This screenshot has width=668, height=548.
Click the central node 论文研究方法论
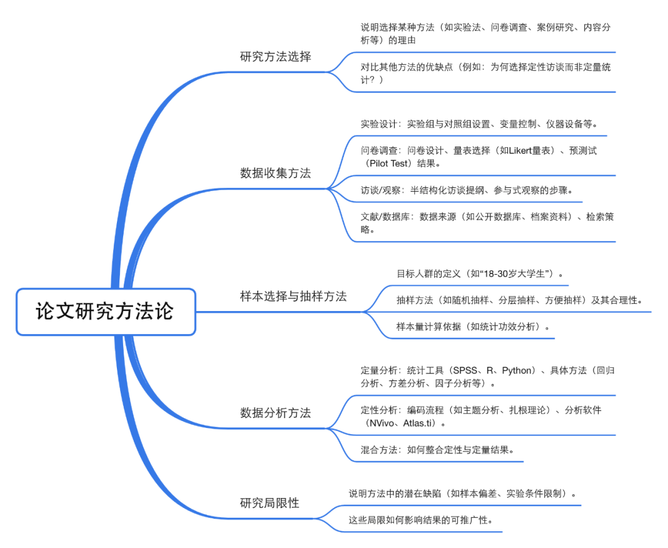tap(105, 311)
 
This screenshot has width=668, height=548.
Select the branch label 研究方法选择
tap(275, 57)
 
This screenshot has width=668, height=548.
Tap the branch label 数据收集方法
tap(275, 173)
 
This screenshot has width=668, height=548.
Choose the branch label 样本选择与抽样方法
tap(293, 296)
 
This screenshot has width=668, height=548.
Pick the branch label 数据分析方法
tap(275, 413)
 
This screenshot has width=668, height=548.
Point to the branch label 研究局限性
tap(269, 503)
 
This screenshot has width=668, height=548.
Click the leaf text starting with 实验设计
tap(479, 124)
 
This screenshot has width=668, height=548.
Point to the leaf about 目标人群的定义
tap(481, 273)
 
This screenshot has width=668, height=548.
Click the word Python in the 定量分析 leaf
tap(516, 370)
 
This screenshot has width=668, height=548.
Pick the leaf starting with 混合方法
tap(437, 450)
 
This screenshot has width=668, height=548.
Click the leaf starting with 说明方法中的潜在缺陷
tap(463, 494)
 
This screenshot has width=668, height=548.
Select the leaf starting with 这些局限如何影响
tap(421, 520)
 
